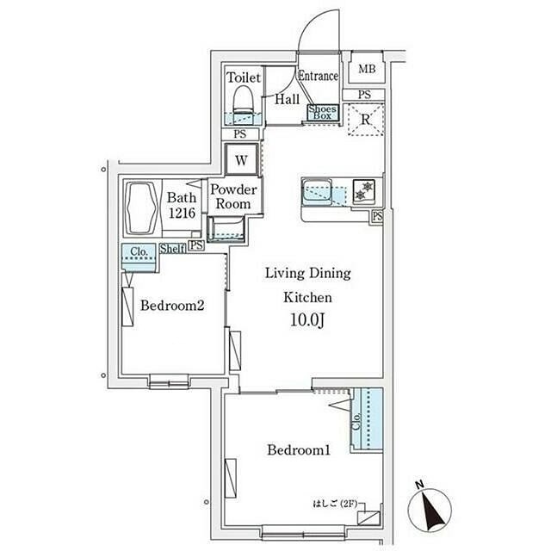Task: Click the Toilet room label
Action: (244, 77)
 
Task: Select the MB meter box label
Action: (367, 69)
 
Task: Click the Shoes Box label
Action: (322, 112)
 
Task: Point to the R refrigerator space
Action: (365, 120)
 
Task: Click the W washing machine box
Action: (241, 160)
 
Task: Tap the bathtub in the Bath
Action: (141, 208)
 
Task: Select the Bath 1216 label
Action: (182, 205)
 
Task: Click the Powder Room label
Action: (233, 197)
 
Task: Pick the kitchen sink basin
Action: (317, 192)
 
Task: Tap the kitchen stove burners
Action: (363, 190)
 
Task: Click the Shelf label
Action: (172, 249)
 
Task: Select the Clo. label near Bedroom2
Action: (139, 251)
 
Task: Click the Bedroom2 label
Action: (172, 306)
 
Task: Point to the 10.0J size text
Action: (307, 320)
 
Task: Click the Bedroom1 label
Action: (299, 449)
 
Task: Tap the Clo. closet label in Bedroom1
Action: (357, 421)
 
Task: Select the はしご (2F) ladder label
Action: (335, 504)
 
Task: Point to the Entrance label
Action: (318, 76)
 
